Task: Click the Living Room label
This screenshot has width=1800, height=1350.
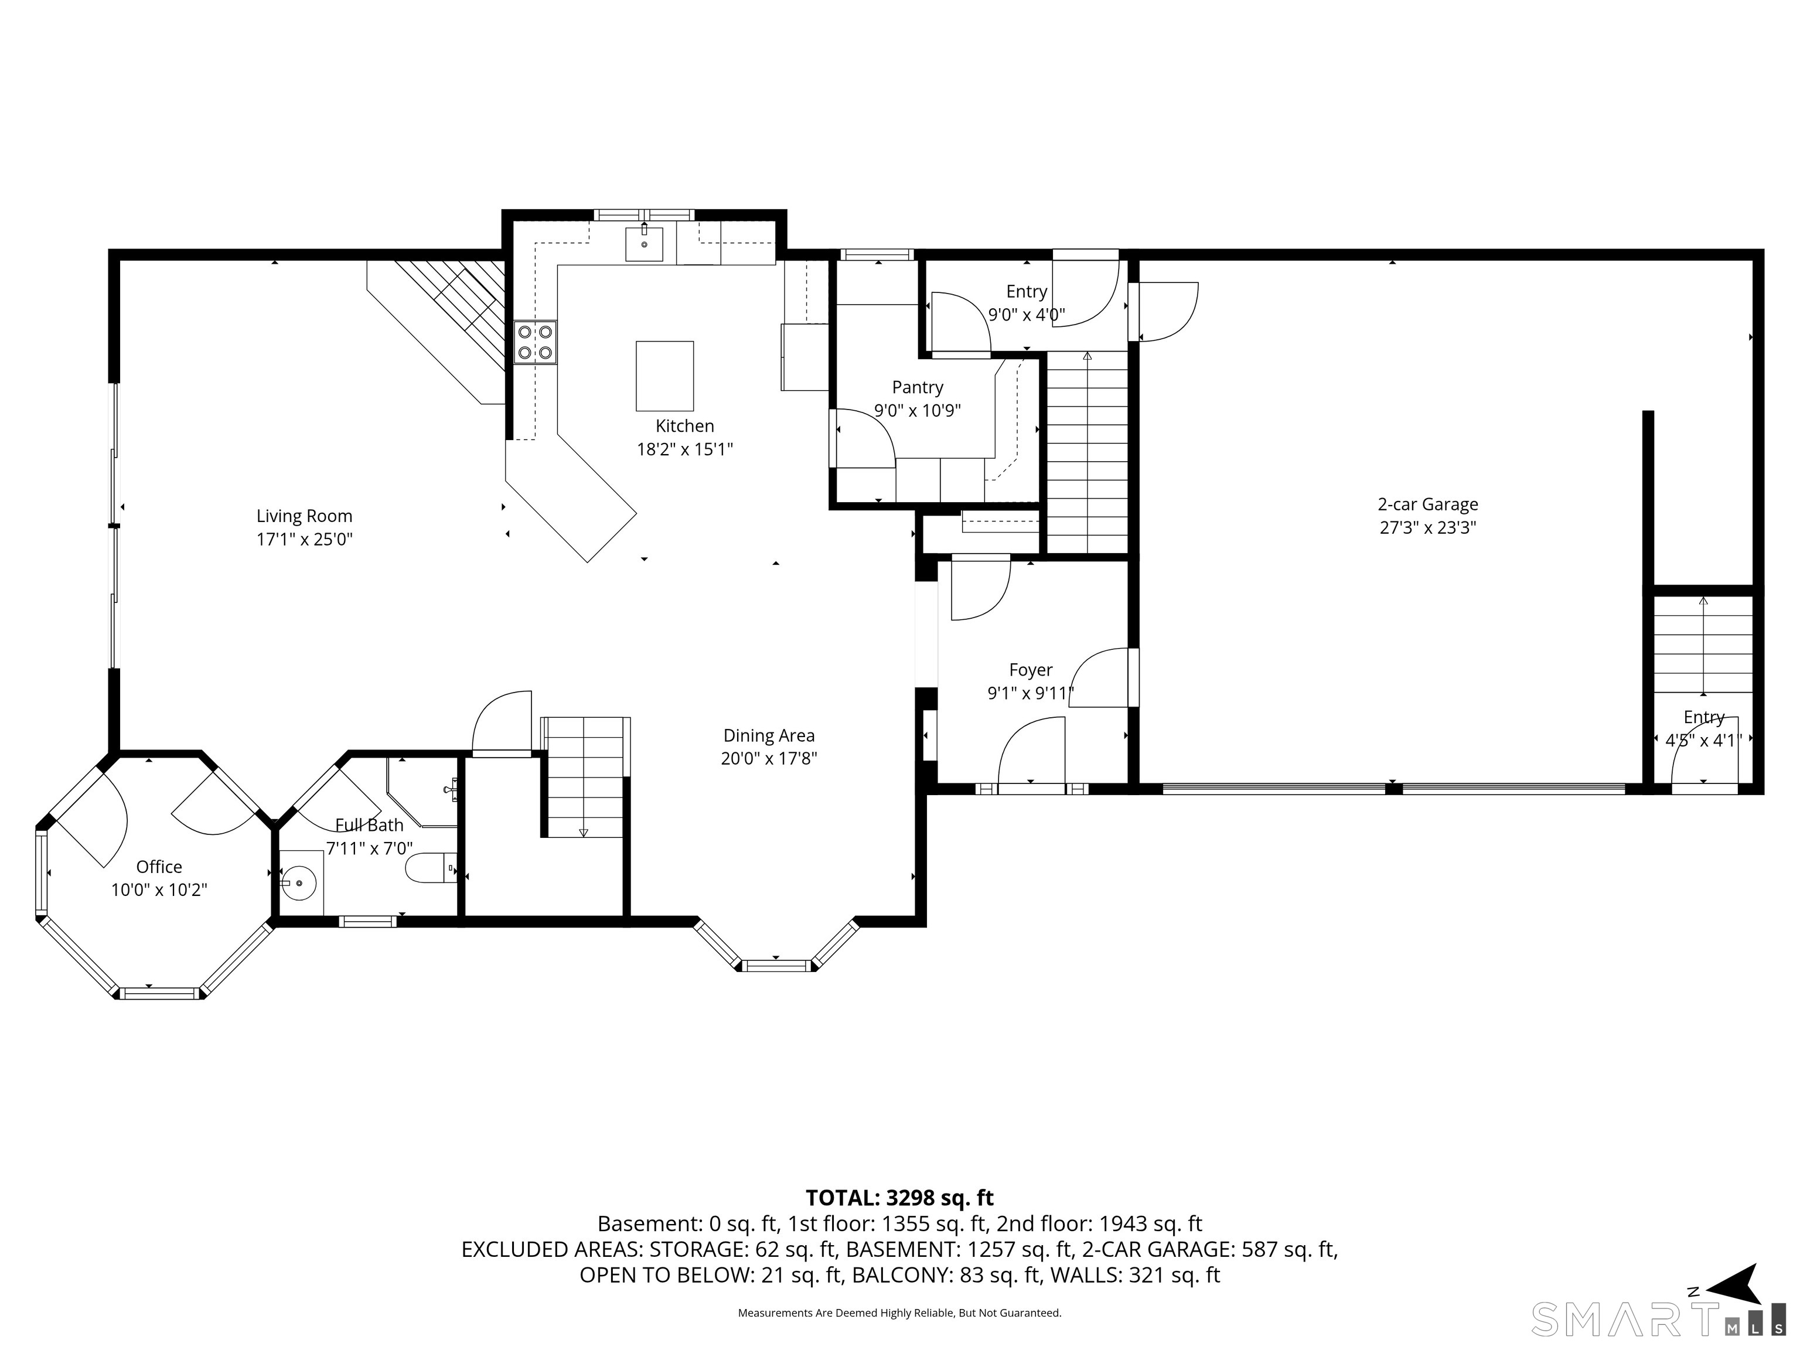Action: click(x=304, y=516)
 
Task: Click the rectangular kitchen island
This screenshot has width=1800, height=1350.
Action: click(x=665, y=376)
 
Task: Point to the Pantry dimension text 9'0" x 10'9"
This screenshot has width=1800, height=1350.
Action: click(x=917, y=410)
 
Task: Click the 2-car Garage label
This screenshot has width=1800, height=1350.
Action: click(x=1427, y=504)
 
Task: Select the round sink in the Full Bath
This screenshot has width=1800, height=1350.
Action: click(x=302, y=882)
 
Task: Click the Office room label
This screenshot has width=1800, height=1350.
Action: click(x=159, y=867)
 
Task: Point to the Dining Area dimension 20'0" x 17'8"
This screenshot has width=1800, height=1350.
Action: click(x=769, y=758)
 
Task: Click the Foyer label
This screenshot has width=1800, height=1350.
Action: click(x=1031, y=670)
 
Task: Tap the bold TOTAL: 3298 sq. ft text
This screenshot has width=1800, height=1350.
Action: click(x=899, y=1198)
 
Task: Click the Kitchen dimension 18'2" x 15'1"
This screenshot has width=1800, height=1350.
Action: click(x=684, y=449)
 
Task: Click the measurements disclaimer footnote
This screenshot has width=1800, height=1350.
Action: click(x=899, y=1312)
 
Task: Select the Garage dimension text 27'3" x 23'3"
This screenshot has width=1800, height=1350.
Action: click(x=1427, y=527)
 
